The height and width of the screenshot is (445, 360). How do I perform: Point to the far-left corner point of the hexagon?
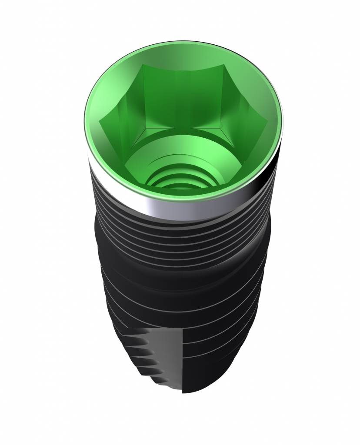click(101, 122)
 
